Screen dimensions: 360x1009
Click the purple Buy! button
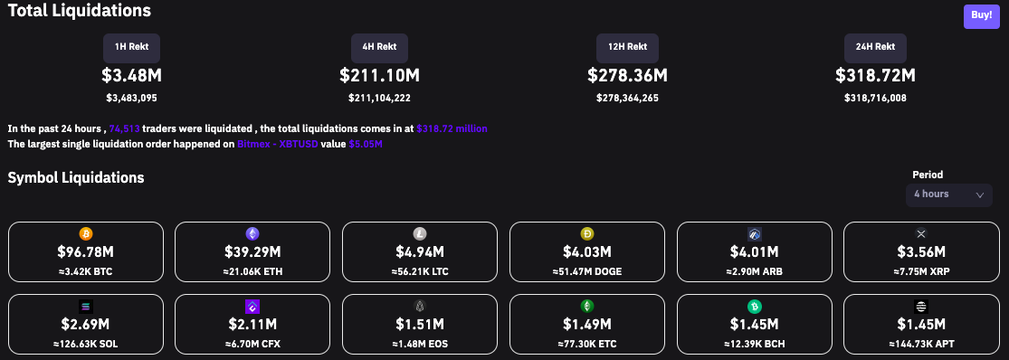click(981, 15)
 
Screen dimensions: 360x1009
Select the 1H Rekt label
click(132, 47)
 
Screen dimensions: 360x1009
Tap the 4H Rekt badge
click(379, 47)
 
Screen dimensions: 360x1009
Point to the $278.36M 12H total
click(627, 75)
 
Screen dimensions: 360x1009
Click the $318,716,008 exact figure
click(875, 98)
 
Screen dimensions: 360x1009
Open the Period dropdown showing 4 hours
click(948, 194)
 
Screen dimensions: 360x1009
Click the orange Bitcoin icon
click(86, 233)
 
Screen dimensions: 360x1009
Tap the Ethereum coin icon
click(252, 233)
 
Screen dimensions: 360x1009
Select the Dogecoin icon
click(586, 233)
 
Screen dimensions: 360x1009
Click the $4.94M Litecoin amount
click(420, 251)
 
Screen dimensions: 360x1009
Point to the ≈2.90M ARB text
click(754, 271)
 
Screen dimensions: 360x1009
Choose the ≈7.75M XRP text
click(920, 271)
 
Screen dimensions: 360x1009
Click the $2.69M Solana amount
click(86, 324)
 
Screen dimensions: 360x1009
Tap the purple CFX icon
click(252, 306)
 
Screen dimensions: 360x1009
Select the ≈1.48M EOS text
click(420, 344)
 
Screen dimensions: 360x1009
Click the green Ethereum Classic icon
click(586, 306)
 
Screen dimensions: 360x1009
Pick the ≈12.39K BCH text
click(754, 344)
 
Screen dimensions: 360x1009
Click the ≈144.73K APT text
click(920, 344)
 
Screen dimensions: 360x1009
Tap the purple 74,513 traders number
click(123, 128)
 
